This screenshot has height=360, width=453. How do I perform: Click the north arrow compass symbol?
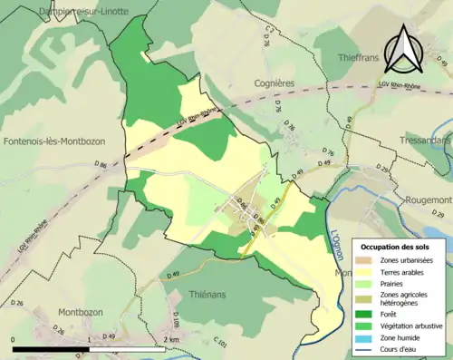coord(402,51)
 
